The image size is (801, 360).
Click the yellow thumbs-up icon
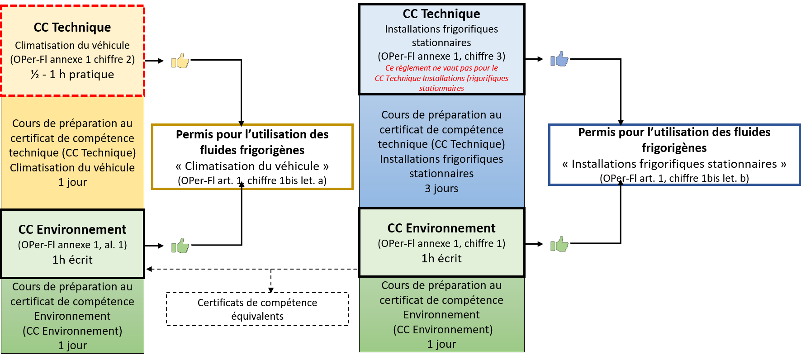coord(180,61)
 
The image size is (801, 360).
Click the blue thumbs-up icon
coord(559,59)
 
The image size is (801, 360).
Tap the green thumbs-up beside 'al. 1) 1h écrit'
coord(180,246)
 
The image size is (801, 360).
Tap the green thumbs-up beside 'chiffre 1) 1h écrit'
coord(559,244)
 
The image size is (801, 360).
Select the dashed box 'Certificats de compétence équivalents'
coord(257,309)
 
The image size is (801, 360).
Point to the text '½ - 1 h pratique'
coord(72,74)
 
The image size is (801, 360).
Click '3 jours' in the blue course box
coord(441,189)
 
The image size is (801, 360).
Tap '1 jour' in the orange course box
coord(72,182)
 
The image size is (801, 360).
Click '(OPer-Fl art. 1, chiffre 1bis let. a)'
coord(252,180)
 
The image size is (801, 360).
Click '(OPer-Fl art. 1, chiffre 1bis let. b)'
coord(674,178)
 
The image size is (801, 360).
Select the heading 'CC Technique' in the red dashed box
coord(72,28)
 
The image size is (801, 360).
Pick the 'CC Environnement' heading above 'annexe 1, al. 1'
coord(72,229)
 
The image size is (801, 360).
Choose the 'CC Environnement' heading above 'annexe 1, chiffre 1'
coord(441,228)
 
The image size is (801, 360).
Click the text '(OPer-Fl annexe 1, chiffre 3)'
coord(441,56)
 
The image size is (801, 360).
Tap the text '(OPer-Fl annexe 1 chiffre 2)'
coord(72,59)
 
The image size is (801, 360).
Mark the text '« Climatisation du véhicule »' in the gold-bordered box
coord(252,166)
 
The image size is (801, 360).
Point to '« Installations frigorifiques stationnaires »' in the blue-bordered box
coord(674,164)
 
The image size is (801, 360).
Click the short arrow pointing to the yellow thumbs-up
coord(154,61)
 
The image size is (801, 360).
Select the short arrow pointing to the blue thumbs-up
coord(534,59)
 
